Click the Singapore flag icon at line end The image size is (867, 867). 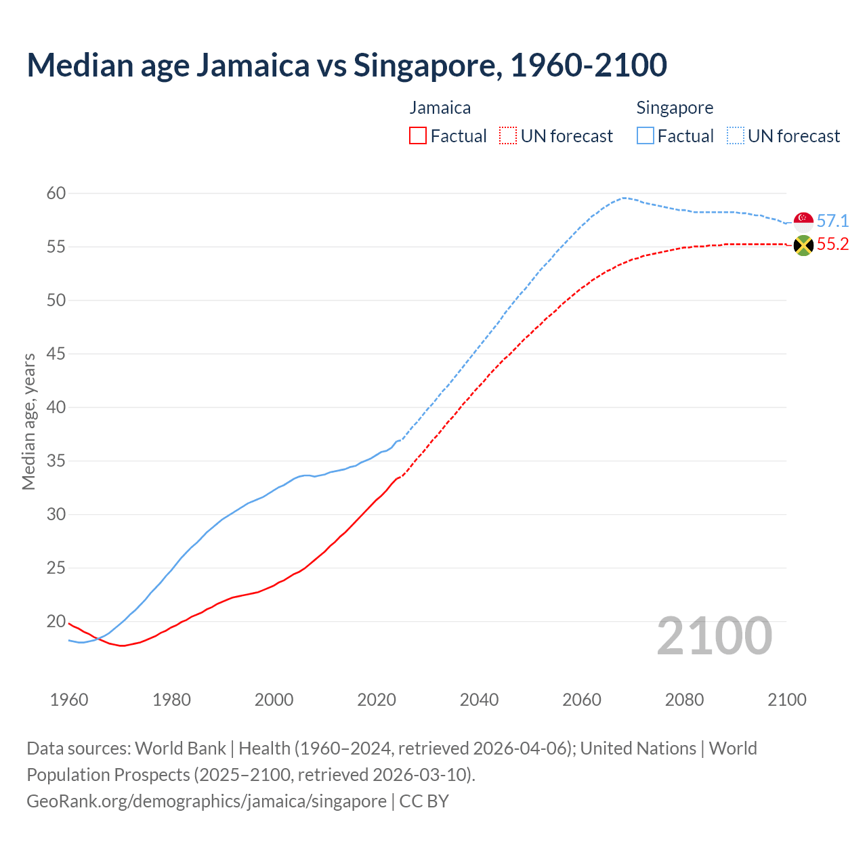(803, 221)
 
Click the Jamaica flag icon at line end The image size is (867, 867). (803, 245)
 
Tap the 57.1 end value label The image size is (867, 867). (832, 221)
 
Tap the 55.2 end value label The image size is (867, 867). (832, 245)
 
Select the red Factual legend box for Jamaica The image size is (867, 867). (418, 136)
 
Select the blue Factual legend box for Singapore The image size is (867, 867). (645, 136)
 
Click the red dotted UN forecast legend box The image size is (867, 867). (508, 136)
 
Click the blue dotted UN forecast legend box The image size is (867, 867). (735, 136)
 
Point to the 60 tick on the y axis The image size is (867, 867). (56, 194)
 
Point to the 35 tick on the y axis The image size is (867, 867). (56, 461)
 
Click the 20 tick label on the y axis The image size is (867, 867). (56, 622)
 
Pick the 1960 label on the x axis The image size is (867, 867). (69, 700)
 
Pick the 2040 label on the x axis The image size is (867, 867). (479, 700)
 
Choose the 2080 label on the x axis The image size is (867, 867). (684, 700)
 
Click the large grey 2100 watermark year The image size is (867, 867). (714, 636)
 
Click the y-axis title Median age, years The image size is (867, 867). (28, 421)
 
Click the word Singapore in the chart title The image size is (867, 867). (427, 65)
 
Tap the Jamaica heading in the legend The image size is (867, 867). (440, 108)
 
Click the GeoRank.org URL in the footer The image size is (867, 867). (207, 801)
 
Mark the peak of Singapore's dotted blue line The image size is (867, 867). (623, 198)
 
